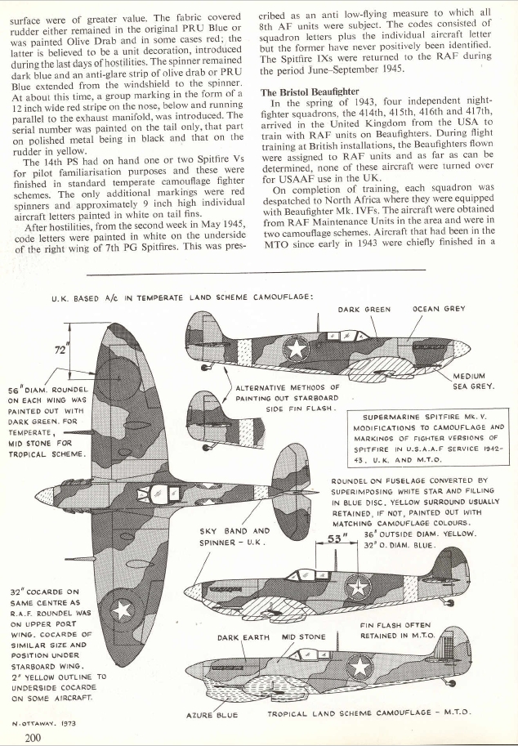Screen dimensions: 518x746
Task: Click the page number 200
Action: pos(33,738)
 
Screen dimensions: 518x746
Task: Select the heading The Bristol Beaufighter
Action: pos(309,92)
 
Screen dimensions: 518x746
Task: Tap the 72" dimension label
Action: pos(60,351)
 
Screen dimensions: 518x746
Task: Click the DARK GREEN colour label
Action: pos(364,309)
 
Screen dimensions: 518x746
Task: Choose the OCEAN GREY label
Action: pos(439,309)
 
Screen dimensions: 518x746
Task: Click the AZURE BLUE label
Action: pos(212,715)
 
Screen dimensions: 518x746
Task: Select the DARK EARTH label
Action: pos(243,637)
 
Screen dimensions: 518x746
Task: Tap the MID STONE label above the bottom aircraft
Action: pos(303,637)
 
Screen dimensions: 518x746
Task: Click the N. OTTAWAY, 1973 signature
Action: pos(44,724)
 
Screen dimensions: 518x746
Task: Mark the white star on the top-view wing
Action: pos(123,610)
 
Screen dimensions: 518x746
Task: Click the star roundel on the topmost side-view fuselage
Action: pos(297,348)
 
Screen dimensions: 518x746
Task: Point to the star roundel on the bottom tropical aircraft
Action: pos(359,667)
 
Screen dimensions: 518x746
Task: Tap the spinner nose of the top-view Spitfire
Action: pos(44,496)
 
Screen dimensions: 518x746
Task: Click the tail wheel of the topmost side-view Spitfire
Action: pos(205,367)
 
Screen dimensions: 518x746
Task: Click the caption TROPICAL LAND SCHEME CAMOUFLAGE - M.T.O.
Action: pos(369,713)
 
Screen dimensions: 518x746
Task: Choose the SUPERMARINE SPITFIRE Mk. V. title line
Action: pos(418,418)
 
